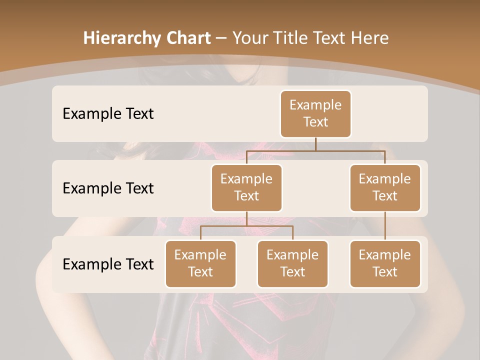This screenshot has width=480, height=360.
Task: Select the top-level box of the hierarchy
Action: (x=315, y=113)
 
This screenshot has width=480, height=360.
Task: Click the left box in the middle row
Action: (x=246, y=187)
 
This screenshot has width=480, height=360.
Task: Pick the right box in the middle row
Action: (x=385, y=187)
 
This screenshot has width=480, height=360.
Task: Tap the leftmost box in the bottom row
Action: (x=200, y=263)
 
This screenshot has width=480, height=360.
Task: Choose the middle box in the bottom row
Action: (x=292, y=263)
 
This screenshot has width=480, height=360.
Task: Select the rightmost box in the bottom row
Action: (x=385, y=263)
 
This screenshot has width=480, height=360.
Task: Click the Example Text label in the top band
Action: (x=108, y=113)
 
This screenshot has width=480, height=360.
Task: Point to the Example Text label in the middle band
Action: (x=108, y=188)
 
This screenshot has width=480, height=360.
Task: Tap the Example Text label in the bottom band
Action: (x=108, y=264)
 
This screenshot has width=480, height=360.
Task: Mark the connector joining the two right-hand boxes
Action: (x=385, y=226)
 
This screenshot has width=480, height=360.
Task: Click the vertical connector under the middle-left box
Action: (x=246, y=218)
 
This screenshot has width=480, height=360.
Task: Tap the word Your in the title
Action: (x=247, y=38)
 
